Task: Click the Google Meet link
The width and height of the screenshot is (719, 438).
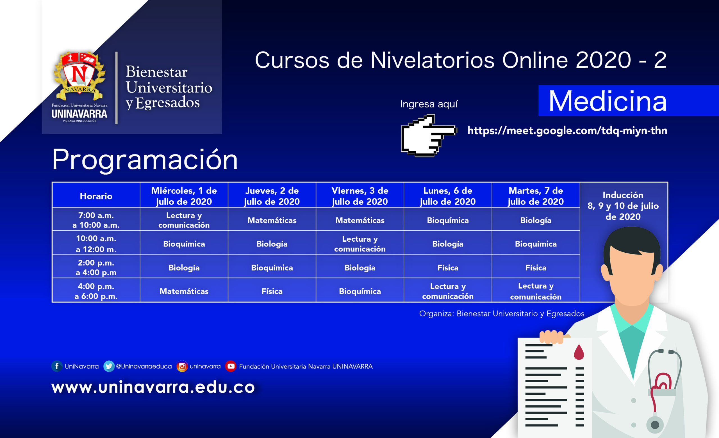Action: click(x=567, y=131)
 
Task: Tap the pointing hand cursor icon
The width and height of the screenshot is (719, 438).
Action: click(x=429, y=135)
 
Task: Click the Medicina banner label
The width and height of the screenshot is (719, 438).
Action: click(x=607, y=101)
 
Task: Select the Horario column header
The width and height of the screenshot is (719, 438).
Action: click(x=96, y=196)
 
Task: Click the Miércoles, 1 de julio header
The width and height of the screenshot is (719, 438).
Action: click(x=184, y=196)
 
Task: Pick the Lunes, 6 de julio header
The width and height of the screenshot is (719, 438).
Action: click(x=448, y=196)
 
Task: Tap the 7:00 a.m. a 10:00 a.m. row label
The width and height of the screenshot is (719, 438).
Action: click(x=96, y=220)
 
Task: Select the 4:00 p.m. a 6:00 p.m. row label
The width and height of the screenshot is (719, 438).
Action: click(x=96, y=291)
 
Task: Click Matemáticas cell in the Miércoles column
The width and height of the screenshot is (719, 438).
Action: click(x=184, y=291)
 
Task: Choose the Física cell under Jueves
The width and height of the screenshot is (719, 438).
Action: click(x=272, y=291)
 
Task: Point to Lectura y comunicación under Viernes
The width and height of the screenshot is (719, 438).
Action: click(x=360, y=244)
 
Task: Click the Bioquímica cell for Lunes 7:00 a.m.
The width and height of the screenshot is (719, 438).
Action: click(x=448, y=220)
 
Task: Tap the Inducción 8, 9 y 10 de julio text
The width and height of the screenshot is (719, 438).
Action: click(x=623, y=206)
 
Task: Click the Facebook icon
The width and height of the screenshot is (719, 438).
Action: click(x=57, y=366)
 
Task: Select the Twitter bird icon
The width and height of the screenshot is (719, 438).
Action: click(x=109, y=366)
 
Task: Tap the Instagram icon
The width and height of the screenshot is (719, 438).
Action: click(x=182, y=366)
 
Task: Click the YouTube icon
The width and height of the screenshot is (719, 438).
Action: click(x=231, y=366)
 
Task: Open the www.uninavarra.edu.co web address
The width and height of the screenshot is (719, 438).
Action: click(x=153, y=387)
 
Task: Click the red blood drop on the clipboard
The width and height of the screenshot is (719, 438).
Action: click(x=579, y=352)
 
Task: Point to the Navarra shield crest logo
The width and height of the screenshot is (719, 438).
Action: click(x=79, y=76)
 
